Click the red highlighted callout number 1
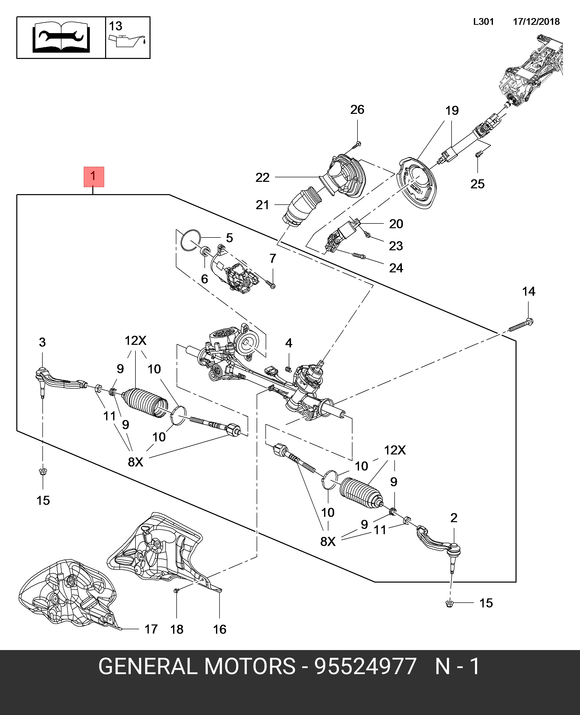tap(94, 177)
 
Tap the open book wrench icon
tap(61, 37)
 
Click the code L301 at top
tap(483, 22)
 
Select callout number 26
tap(357, 110)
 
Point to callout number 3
tap(42, 342)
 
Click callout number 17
tap(151, 629)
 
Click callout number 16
tap(220, 629)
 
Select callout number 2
tap(454, 518)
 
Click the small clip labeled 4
tap(289, 369)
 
